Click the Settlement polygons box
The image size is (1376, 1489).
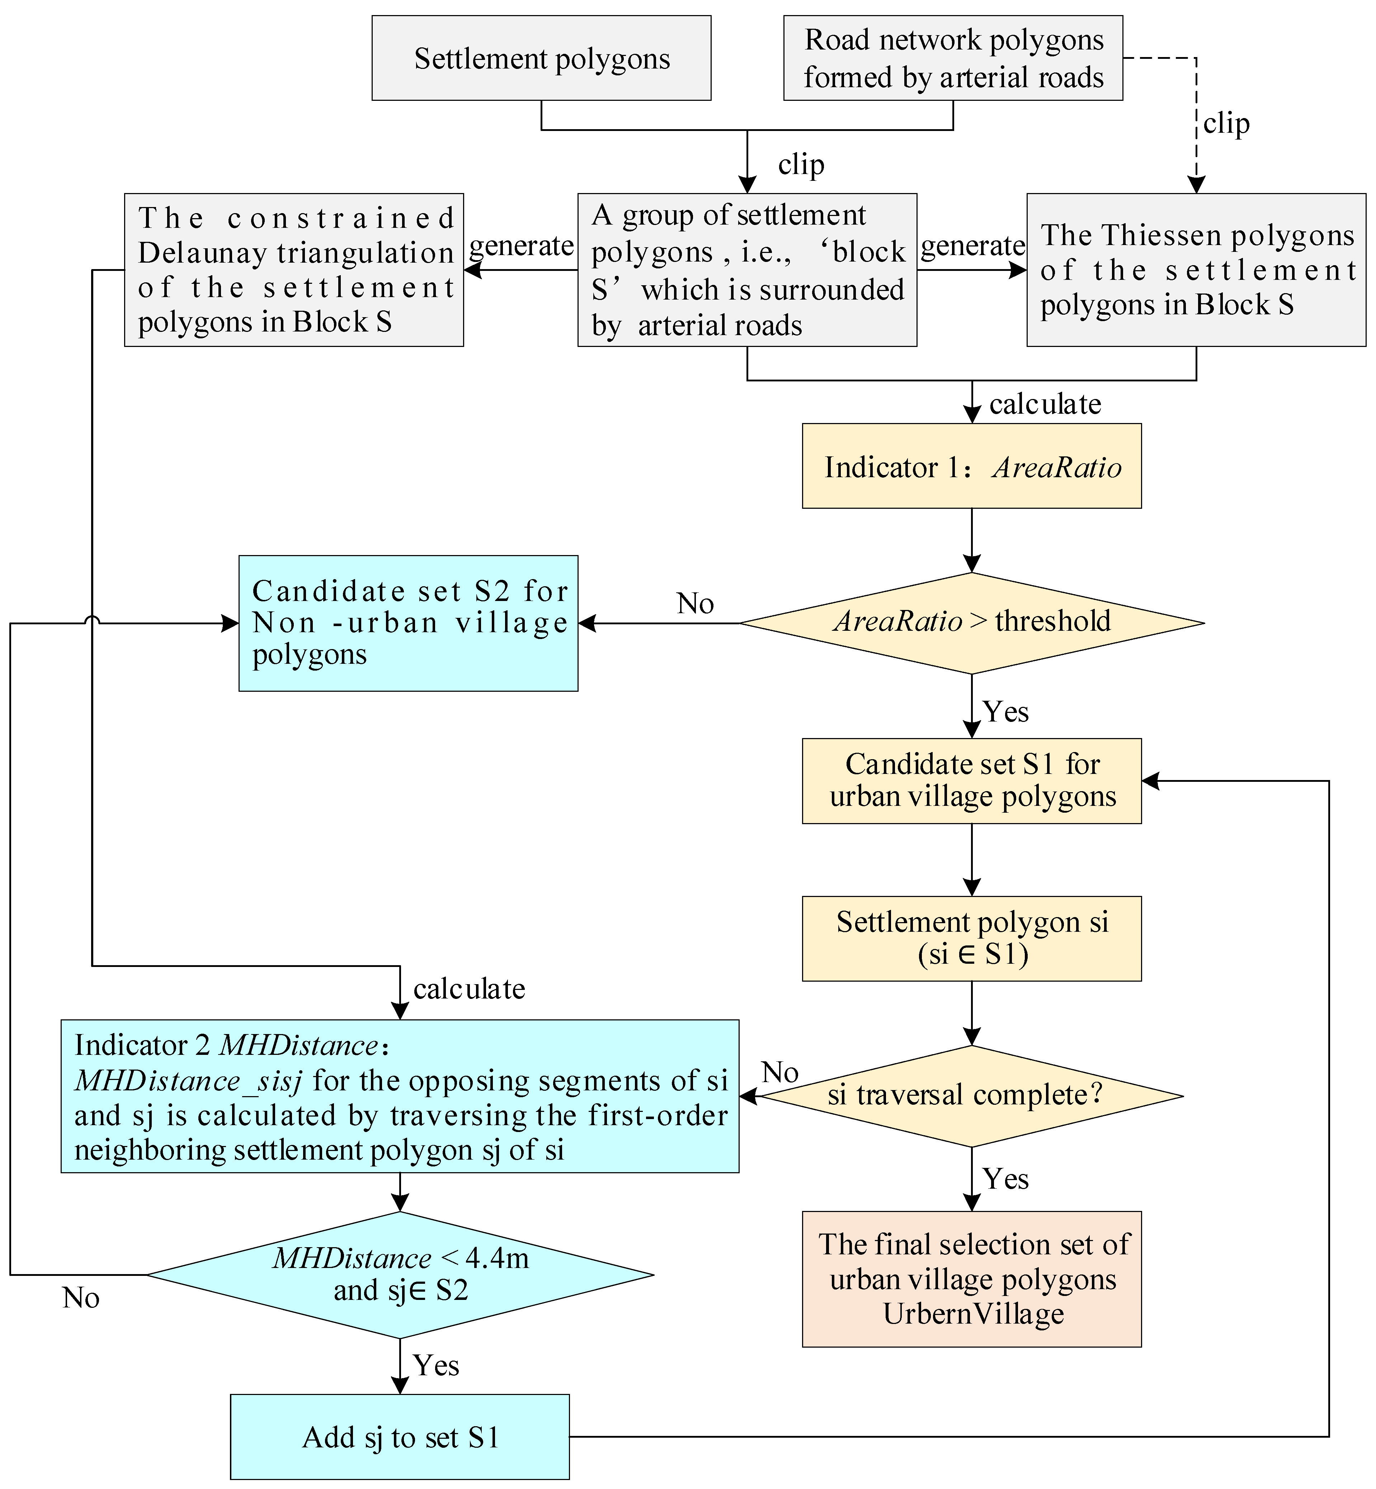pos(541,58)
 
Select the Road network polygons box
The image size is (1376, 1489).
pos(953,58)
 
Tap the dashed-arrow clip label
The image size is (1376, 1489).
pos(1226,124)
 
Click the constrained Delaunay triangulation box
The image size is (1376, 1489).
pos(294,270)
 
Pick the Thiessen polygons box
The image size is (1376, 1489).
pos(1197,270)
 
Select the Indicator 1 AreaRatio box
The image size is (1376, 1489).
pos(972,466)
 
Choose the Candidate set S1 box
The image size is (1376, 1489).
pos(972,781)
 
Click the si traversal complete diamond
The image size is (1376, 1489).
pos(972,1096)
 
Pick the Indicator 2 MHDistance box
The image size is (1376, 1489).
pos(400,1096)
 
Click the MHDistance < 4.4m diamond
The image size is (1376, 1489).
pos(400,1274)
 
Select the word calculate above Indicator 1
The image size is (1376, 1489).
pos(1045,404)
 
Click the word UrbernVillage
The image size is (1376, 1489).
pos(973,1313)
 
